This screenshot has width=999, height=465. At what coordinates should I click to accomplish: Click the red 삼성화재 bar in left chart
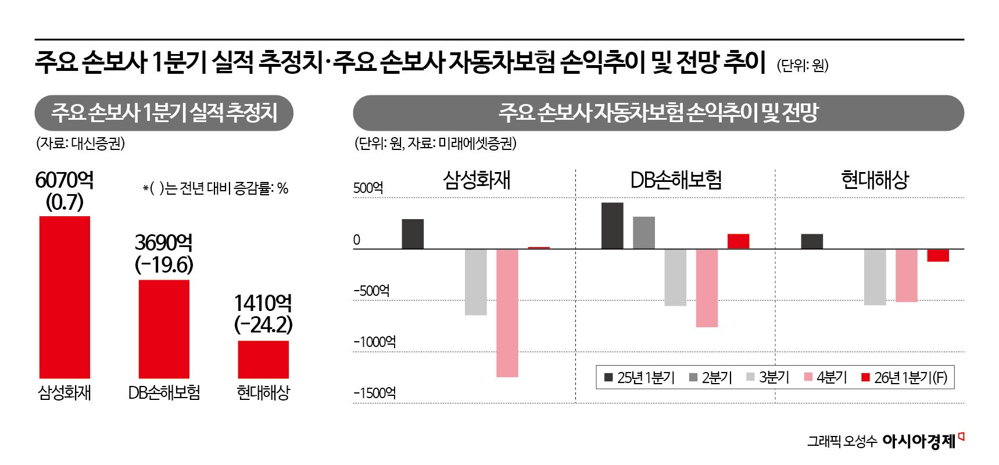coord(65,296)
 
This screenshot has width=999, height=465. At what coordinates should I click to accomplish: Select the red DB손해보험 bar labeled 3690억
coord(164,328)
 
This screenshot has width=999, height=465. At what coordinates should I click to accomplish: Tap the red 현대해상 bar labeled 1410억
coord(263,359)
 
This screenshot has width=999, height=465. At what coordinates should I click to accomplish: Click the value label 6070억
coord(65,180)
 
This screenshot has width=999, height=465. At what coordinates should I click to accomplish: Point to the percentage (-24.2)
coord(263,324)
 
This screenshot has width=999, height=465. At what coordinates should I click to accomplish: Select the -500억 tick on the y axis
coord(371,291)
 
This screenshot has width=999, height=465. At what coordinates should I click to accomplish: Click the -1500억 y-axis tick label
coord(375,393)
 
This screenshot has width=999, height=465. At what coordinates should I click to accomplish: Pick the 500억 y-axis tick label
coord(368,188)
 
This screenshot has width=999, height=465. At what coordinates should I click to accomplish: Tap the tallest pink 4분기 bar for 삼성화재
coord(507,313)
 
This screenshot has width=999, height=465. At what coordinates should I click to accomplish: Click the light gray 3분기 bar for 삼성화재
coord(475,282)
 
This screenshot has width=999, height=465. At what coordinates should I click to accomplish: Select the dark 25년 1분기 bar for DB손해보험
coord(612,226)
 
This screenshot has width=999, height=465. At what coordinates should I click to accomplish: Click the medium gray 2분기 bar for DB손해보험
coord(643,233)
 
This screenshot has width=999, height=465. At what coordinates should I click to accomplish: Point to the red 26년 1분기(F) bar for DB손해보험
coord(738,241)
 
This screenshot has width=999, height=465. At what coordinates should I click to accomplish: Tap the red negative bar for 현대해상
coord(937,255)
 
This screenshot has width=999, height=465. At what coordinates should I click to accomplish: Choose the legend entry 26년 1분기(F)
coord(904,378)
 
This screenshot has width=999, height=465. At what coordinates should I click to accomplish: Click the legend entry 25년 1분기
coord(639,378)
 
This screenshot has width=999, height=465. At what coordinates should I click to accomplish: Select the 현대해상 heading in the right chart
coord(874,180)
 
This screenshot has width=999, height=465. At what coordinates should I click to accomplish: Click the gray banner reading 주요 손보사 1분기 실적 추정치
coord(164,113)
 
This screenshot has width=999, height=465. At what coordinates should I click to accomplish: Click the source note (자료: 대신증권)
coord(80,144)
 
